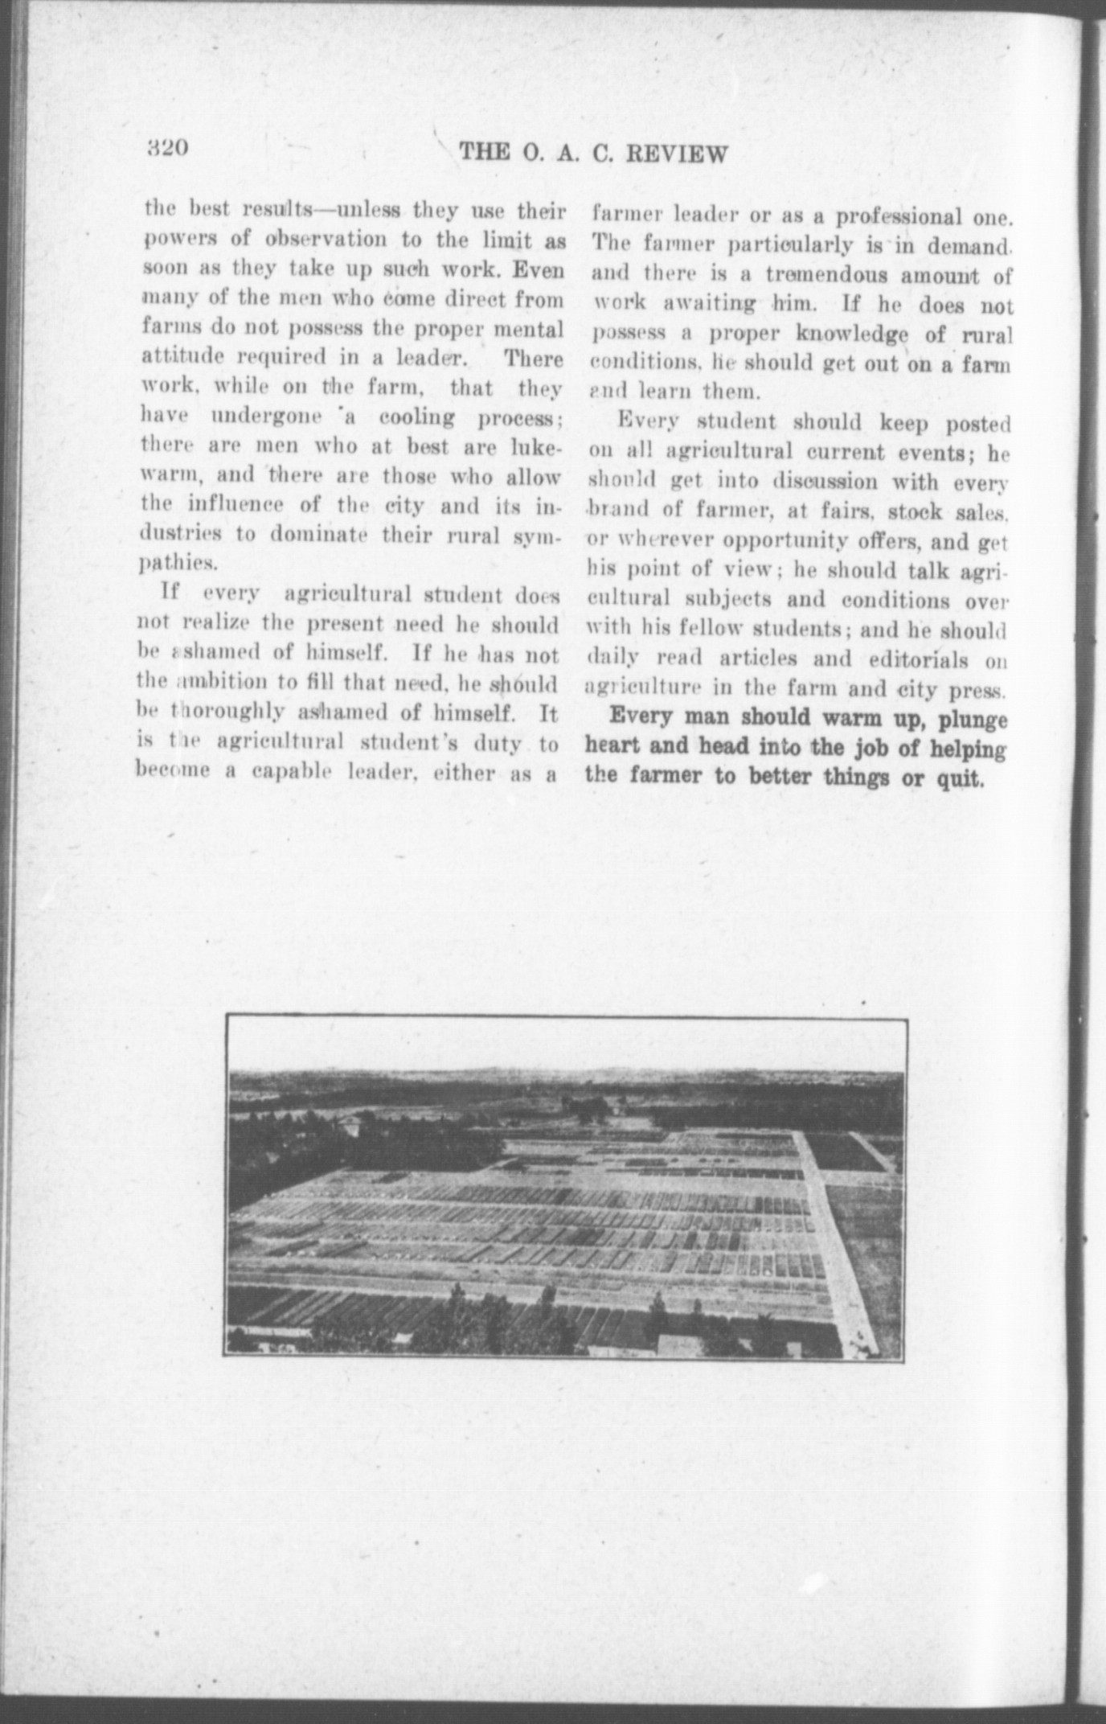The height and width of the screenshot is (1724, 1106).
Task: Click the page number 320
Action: point(166,149)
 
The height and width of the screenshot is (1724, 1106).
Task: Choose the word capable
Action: point(293,773)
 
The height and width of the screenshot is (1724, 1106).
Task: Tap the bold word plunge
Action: point(972,718)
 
